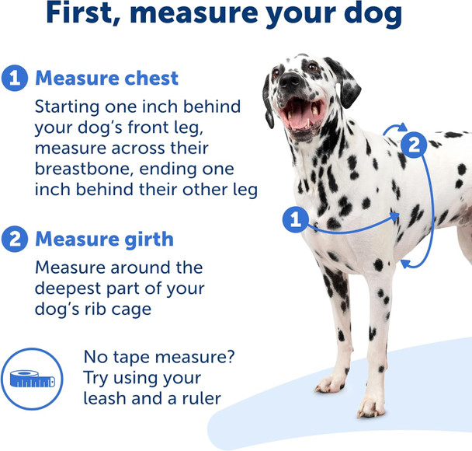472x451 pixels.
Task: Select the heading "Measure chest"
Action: point(106,78)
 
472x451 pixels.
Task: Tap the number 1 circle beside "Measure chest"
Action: point(14,78)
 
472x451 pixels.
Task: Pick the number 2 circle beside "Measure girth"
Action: point(14,239)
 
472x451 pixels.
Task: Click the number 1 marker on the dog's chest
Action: point(295,220)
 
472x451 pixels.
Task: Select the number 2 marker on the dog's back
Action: point(415,144)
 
